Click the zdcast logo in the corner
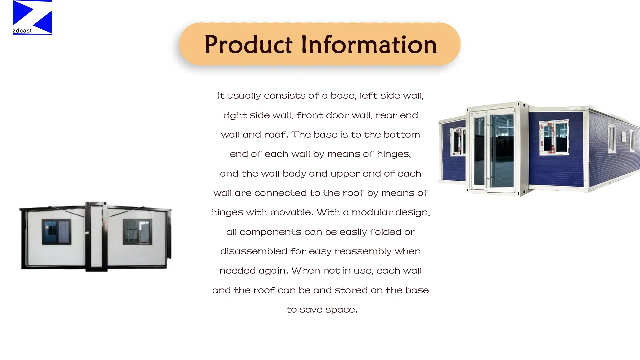32,17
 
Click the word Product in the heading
248,44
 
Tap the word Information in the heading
369,44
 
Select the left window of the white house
56,232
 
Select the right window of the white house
137,232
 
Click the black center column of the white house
96,236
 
